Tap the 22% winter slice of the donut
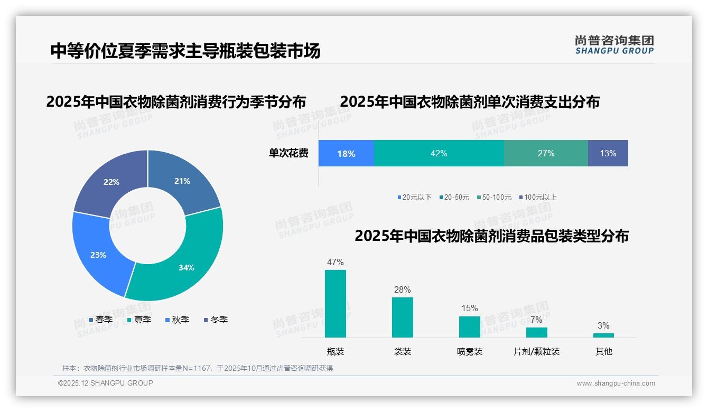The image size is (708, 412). point(113,182)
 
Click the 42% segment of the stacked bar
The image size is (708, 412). point(439,153)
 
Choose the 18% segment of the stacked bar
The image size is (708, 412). point(346,153)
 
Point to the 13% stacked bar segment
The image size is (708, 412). point(608,153)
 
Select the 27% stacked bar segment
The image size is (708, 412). point(546,153)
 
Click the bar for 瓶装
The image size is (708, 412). point(336,304)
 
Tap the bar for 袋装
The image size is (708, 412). point(403,317)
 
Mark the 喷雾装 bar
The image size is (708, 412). point(470,326)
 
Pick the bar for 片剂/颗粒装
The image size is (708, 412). point(536,332)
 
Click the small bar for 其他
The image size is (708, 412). point(603,335)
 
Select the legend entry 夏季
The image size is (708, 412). point(139,320)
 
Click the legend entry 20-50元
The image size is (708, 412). point(454,197)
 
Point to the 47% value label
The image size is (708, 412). point(336,262)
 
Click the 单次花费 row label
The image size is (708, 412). point(288,153)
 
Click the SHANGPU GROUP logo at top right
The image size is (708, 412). point(614,44)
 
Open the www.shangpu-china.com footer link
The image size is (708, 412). point(616,383)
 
